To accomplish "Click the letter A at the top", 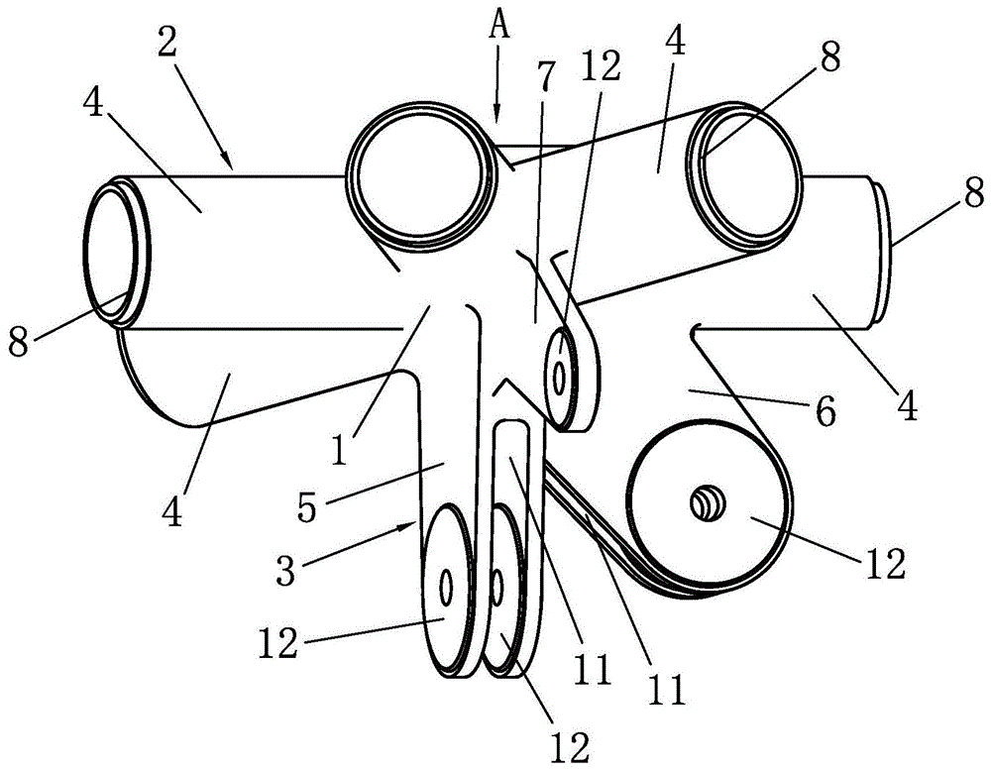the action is point(499,27).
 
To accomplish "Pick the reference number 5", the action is point(306,506).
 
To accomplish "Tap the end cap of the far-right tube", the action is point(880,251).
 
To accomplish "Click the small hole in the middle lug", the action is point(559,378).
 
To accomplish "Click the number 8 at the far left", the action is point(18,341).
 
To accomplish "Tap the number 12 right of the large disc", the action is point(885,564).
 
